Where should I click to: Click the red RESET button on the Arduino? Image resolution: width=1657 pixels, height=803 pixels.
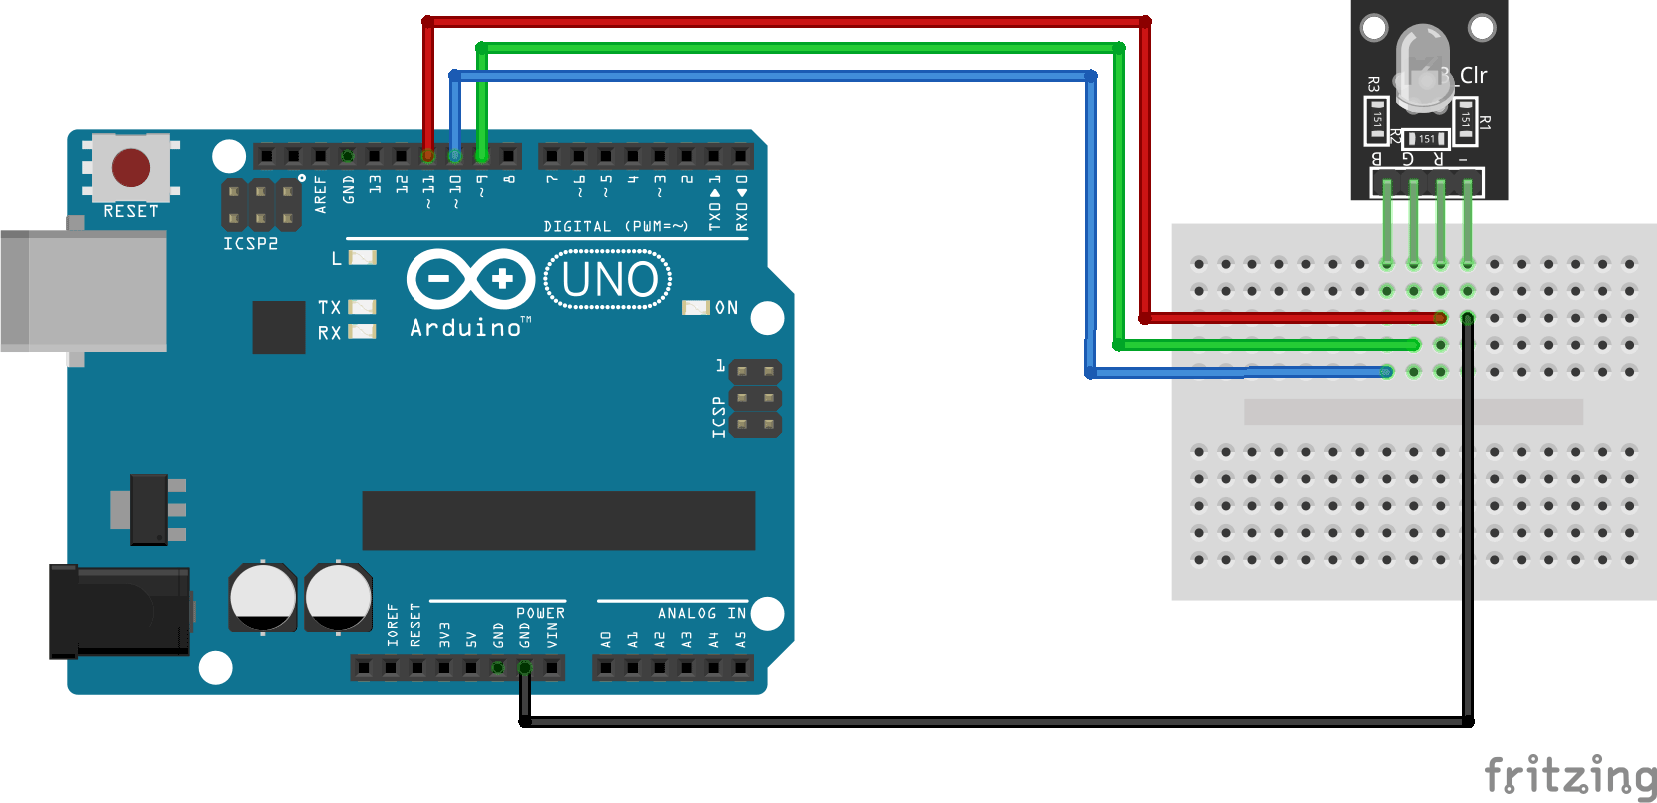(x=131, y=168)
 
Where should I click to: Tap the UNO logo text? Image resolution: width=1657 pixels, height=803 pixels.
(x=609, y=279)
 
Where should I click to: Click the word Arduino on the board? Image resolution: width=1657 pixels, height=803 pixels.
(x=465, y=328)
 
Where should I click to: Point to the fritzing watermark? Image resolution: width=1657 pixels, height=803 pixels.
(x=1570, y=776)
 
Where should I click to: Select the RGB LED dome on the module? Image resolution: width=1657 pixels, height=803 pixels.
(x=1423, y=65)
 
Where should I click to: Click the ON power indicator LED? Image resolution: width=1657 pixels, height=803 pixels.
(x=695, y=308)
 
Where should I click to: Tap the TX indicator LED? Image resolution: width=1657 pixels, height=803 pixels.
(x=362, y=307)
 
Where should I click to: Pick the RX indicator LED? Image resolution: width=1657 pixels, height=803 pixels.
(x=362, y=332)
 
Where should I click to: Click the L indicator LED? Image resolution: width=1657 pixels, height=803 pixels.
(x=362, y=258)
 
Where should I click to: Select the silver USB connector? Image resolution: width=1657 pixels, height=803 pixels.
(x=83, y=290)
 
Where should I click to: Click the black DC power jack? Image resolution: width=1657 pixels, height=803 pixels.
(x=120, y=611)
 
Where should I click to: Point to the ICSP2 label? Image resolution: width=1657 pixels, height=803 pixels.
(x=250, y=244)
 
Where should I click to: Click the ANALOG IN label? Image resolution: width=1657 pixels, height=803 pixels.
(x=701, y=613)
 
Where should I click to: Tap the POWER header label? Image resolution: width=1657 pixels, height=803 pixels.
(x=540, y=613)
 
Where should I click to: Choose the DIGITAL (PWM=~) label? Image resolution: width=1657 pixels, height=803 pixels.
(x=615, y=227)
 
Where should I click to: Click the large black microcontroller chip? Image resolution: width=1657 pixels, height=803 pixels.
(x=558, y=520)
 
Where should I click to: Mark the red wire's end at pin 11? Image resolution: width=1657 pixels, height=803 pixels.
(x=428, y=156)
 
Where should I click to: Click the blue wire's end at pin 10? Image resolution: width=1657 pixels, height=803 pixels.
(x=455, y=156)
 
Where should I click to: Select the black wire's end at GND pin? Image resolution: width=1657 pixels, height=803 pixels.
(x=525, y=667)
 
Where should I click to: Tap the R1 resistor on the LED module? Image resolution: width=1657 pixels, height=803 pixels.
(x=1465, y=119)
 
